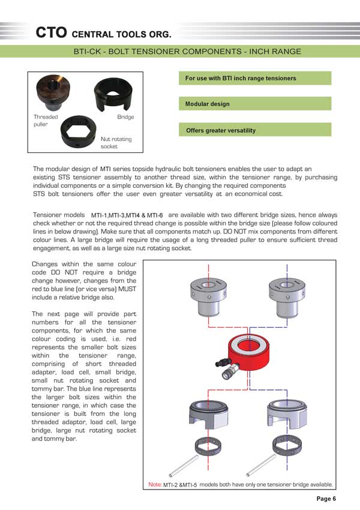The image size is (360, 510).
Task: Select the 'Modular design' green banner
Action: [x=255, y=104]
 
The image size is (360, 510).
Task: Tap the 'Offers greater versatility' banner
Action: [x=255, y=130]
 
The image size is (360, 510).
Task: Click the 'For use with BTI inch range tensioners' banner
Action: [x=255, y=78]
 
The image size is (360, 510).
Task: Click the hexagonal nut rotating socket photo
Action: [x=80, y=131]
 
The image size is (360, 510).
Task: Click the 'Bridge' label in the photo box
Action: [x=125, y=117]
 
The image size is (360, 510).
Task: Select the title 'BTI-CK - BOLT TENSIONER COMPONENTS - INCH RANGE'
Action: [x=187, y=52]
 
